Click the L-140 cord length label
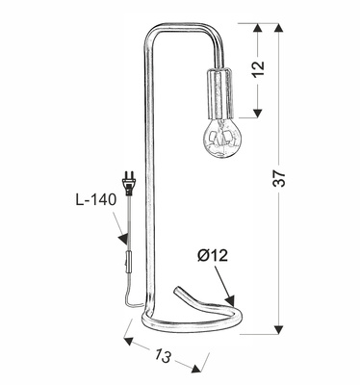(x=95, y=201)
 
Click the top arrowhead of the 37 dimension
(x=280, y=26)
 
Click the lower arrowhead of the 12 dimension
(x=258, y=107)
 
